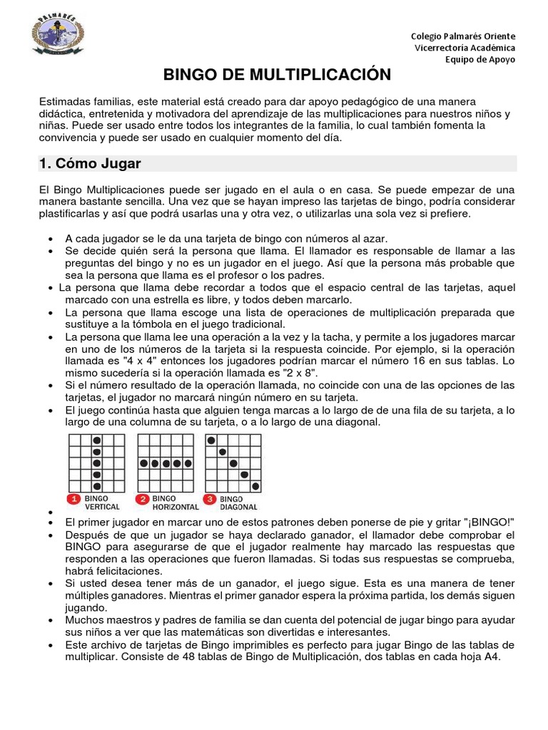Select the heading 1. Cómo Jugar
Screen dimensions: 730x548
point(90,164)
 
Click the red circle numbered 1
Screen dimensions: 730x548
point(73,499)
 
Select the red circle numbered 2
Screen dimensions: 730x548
point(143,499)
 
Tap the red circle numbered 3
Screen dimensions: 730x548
point(210,499)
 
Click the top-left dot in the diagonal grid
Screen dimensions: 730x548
point(211,441)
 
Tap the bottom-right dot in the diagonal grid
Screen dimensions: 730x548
point(255,486)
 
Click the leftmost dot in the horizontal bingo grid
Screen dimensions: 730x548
point(143,463)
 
